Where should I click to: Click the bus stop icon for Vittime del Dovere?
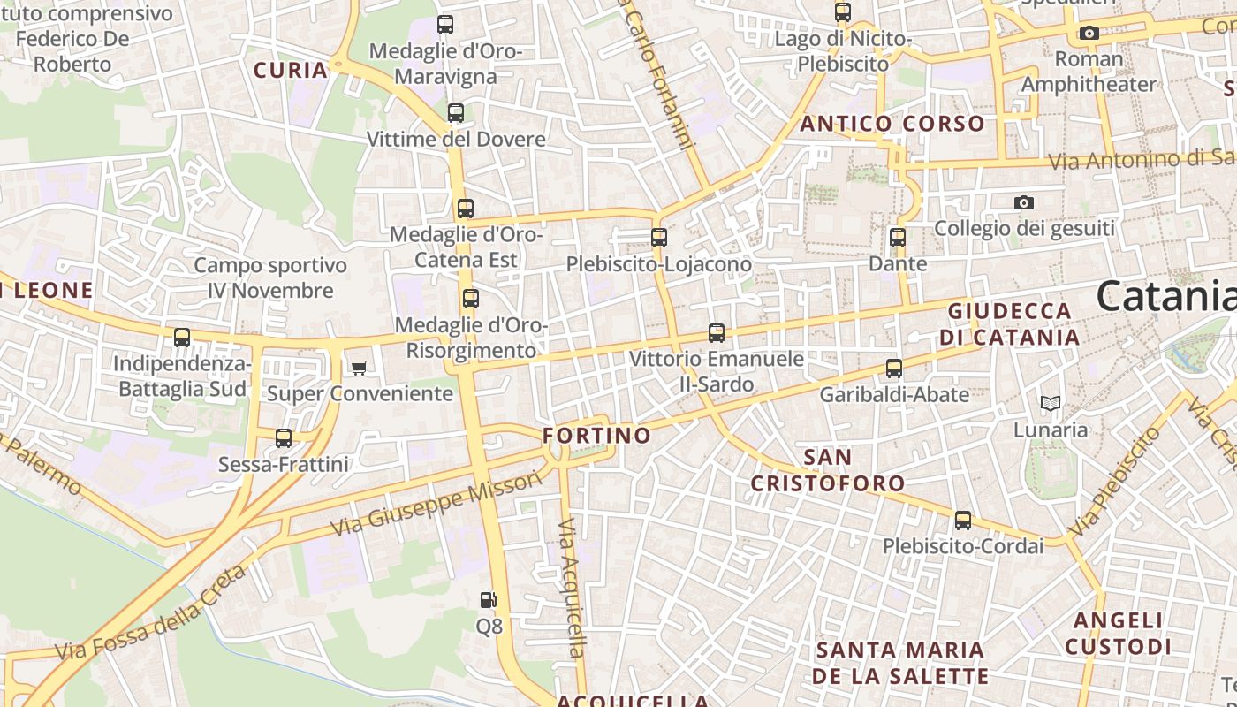pyautogui.click(x=456, y=113)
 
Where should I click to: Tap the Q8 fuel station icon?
pyautogui.click(x=488, y=600)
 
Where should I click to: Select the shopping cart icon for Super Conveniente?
pyautogui.click(x=359, y=368)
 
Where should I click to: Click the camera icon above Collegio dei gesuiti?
pyautogui.click(x=1024, y=203)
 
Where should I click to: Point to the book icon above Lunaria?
pyautogui.click(x=1050, y=404)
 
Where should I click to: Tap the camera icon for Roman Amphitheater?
pyautogui.click(x=1089, y=34)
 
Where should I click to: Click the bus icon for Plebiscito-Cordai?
pyautogui.click(x=963, y=521)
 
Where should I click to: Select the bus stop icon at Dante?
pyautogui.click(x=898, y=238)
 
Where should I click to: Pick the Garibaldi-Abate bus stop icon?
pyautogui.click(x=894, y=369)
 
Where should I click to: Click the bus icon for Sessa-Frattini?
pyautogui.click(x=284, y=437)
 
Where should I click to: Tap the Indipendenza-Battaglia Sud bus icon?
pyautogui.click(x=182, y=337)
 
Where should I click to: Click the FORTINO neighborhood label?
pyautogui.click(x=596, y=436)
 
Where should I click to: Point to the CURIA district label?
pyautogui.click(x=291, y=70)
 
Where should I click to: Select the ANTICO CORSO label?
pyautogui.click(x=892, y=124)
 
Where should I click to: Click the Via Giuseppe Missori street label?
pyautogui.click(x=436, y=505)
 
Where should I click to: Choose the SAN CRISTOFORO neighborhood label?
pyautogui.click(x=828, y=470)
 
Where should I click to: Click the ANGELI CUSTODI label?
pyautogui.click(x=1119, y=634)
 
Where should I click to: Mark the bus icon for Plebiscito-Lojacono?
pyautogui.click(x=658, y=238)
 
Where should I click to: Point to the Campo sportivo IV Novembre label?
pyautogui.click(x=270, y=277)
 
